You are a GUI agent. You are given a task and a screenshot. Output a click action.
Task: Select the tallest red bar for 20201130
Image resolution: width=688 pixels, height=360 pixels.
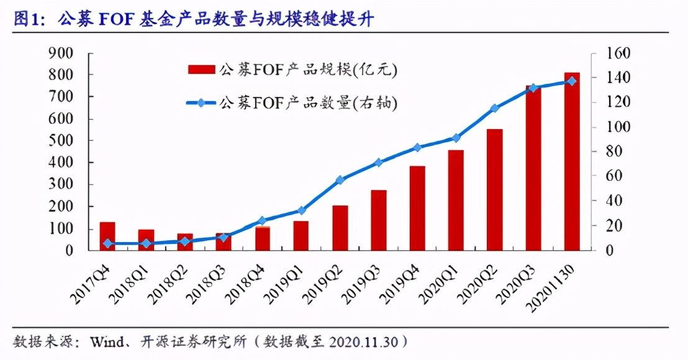(x=572, y=161)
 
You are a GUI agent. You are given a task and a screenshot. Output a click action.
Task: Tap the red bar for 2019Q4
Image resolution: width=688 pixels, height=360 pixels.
(x=417, y=208)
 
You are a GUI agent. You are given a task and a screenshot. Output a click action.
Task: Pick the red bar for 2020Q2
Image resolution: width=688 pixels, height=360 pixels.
(x=494, y=189)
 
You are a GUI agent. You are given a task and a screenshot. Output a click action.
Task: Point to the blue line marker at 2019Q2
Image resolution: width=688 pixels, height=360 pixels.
(x=340, y=180)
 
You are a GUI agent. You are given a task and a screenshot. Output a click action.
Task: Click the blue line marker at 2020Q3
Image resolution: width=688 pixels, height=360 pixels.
(x=533, y=88)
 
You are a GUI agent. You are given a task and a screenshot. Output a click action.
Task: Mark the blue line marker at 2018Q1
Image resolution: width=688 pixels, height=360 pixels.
(x=146, y=244)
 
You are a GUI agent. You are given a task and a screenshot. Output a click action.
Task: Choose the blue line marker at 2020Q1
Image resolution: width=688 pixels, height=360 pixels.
(x=456, y=138)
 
